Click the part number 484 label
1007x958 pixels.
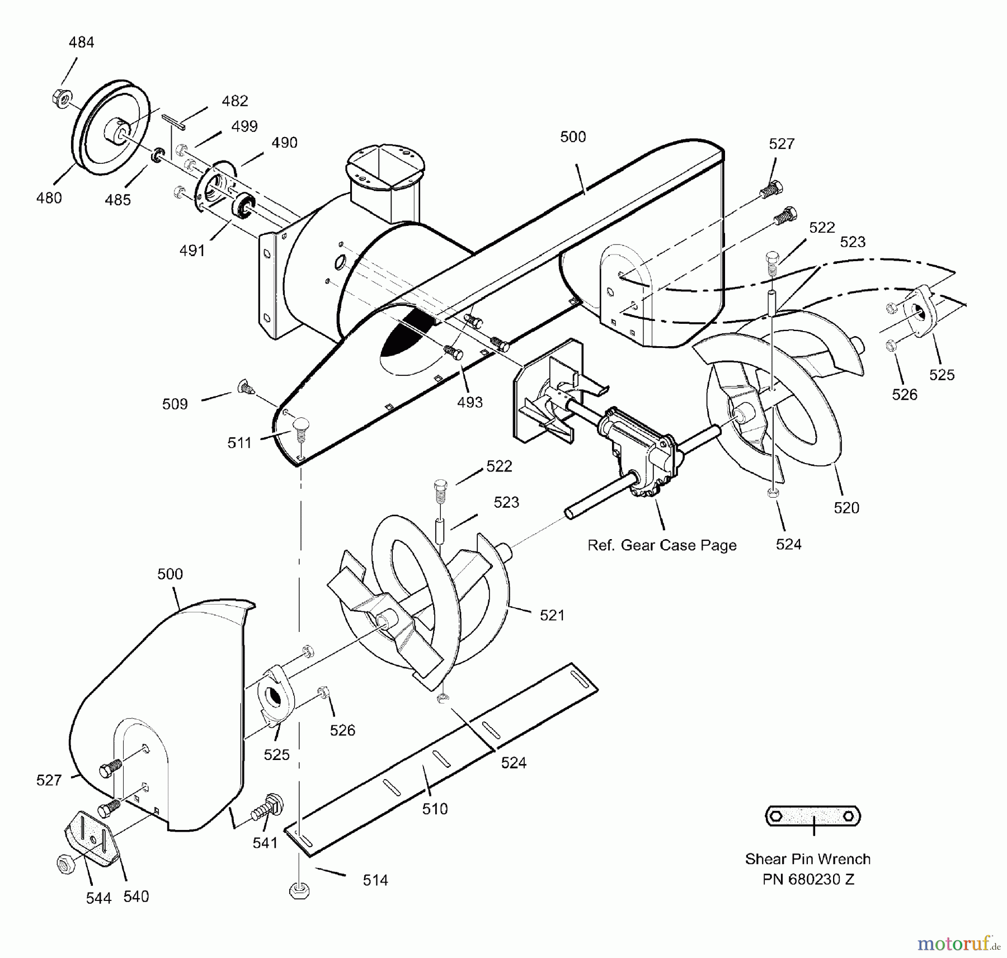[81, 43]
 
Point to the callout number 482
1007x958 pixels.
[234, 101]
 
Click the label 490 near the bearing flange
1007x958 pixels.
[284, 143]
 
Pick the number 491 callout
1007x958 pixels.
[192, 251]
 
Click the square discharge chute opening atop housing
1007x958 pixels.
[385, 165]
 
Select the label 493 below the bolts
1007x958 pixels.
[469, 402]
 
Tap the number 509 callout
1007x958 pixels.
[175, 404]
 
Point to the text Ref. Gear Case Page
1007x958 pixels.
[661, 545]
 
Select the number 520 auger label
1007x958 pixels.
[846, 508]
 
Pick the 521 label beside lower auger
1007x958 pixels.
[552, 615]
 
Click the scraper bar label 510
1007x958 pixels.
[435, 809]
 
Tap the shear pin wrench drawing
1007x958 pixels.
[812, 817]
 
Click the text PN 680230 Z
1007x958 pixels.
[808, 880]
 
